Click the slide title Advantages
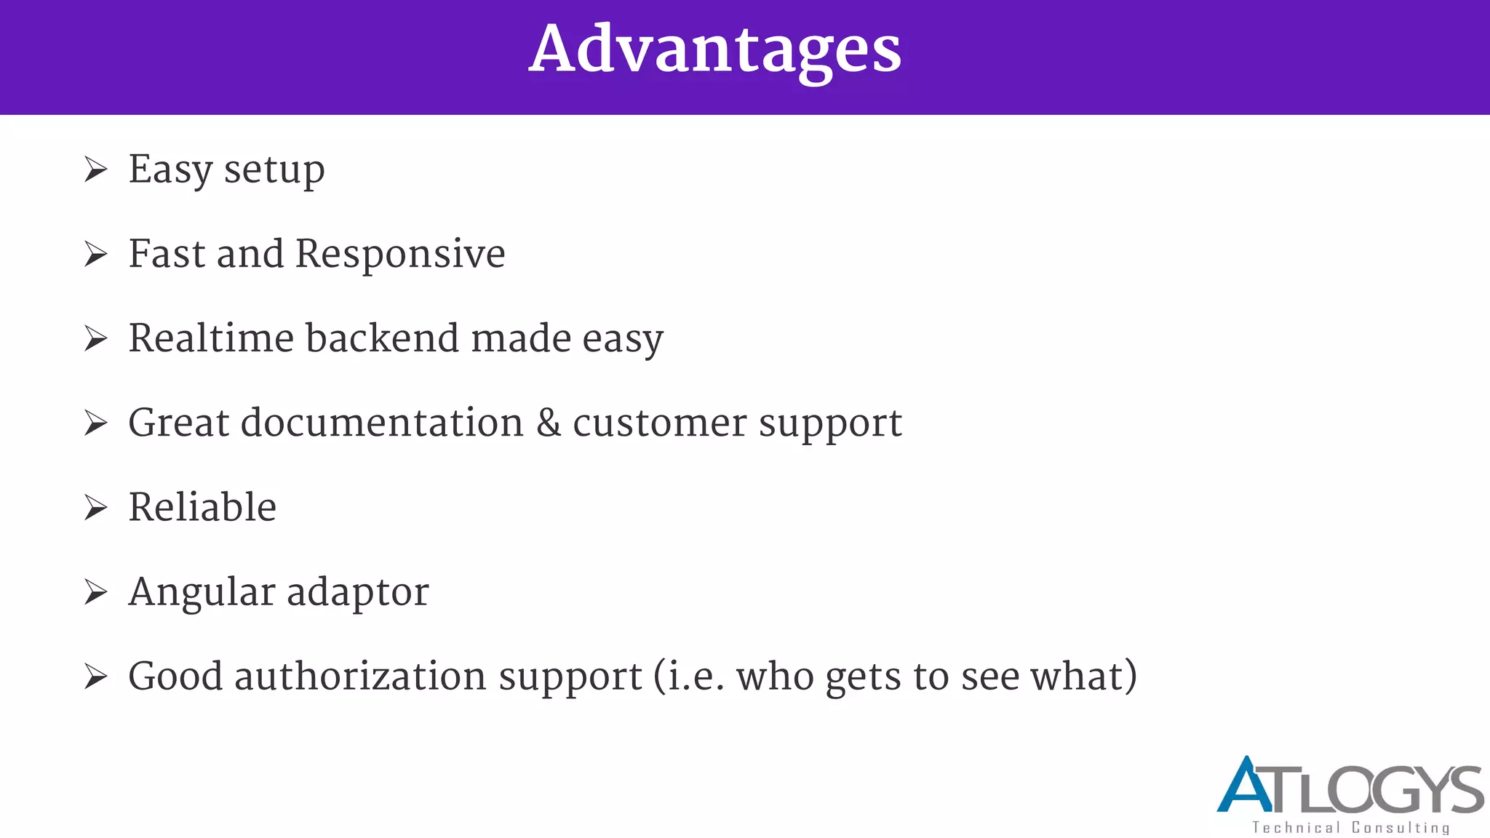(x=714, y=49)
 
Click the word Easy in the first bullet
(x=170, y=170)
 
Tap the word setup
(x=274, y=172)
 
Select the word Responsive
(x=400, y=255)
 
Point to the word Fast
(x=167, y=254)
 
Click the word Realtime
(x=210, y=338)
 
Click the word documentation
(x=382, y=423)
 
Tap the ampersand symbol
(x=549, y=423)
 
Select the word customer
(x=659, y=423)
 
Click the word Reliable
(x=202, y=507)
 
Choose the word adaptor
(x=357, y=593)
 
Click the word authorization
(x=361, y=677)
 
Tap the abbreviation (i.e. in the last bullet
(x=688, y=677)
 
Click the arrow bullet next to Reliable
(x=95, y=508)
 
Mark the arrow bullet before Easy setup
(x=95, y=169)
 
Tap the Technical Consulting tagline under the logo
(x=1350, y=828)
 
